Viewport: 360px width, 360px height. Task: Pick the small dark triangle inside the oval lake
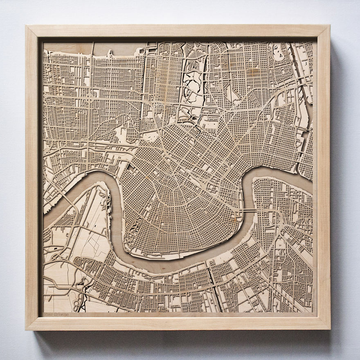coord(191,120)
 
